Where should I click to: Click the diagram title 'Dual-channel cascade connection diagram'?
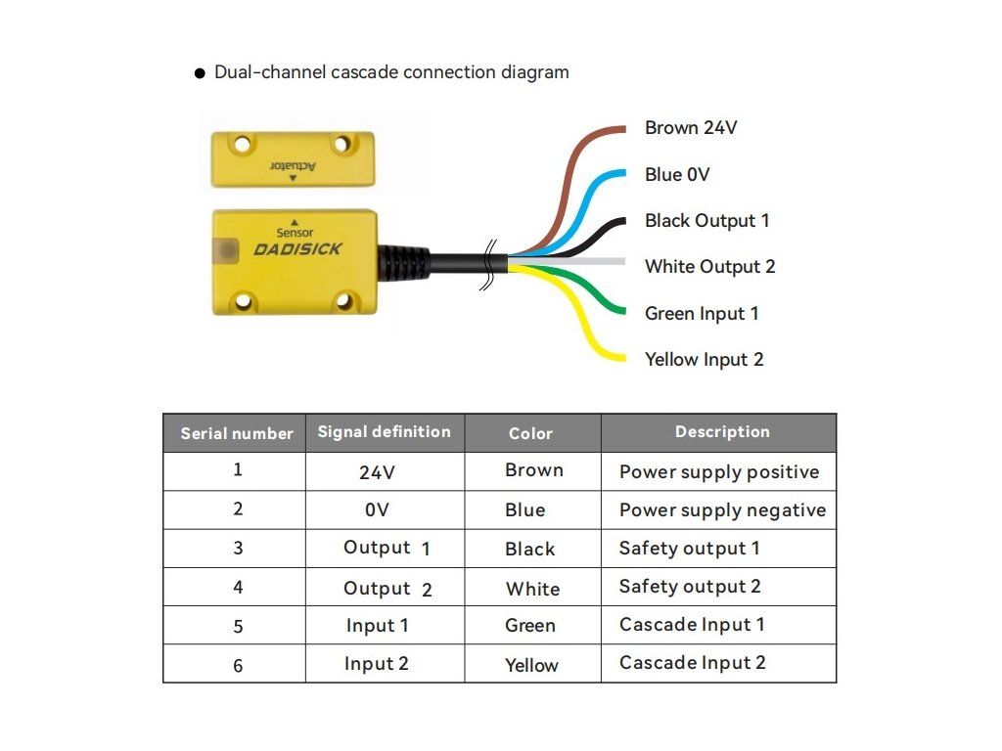tap(390, 72)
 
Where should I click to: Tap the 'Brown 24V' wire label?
tap(690, 128)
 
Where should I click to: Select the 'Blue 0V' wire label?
tap(677, 175)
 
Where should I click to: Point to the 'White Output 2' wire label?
tap(709, 267)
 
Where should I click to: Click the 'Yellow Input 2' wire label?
tap(704, 360)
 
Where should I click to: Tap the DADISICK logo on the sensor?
tap(297, 249)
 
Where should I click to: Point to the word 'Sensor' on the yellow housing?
tap(295, 233)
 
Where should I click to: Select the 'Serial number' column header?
tap(236, 433)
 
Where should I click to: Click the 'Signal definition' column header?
tap(384, 432)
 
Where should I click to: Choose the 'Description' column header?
tap(722, 432)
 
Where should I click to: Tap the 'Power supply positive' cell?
tap(719, 472)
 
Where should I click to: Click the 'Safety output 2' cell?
tap(690, 587)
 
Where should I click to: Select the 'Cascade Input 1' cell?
tap(692, 625)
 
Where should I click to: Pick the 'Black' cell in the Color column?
tap(530, 550)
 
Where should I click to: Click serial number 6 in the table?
tap(238, 666)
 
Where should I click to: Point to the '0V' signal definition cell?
tap(377, 510)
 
